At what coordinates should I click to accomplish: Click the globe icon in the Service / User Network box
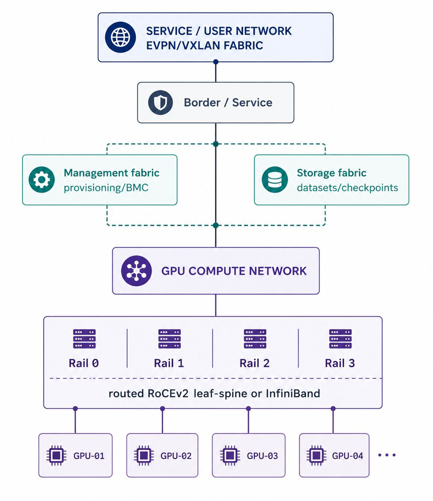pyautogui.click(x=120, y=37)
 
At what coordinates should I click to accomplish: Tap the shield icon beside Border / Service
pyautogui.click(x=160, y=103)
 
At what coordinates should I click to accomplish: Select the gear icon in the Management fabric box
pyautogui.click(x=42, y=180)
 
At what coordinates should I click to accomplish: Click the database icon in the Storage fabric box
pyautogui.click(x=275, y=180)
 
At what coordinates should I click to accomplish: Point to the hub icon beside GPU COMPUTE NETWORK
pyautogui.click(x=136, y=271)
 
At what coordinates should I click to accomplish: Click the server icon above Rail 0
pyautogui.click(x=84, y=339)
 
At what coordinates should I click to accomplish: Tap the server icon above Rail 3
pyautogui.click(x=340, y=339)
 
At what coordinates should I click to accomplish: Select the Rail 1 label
pyautogui.click(x=169, y=364)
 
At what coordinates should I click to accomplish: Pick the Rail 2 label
pyautogui.click(x=255, y=364)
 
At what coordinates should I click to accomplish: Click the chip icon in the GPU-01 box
pyautogui.click(x=56, y=455)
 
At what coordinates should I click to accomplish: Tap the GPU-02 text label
pyautogui.click(x=176, y=456)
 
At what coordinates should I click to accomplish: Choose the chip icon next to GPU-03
pyautogui.click(x=230, y=455)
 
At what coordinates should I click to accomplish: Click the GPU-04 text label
pyautogui.click(x=348, y=456)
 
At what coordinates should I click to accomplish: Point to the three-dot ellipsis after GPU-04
pyautogui.click(x=387, y=455)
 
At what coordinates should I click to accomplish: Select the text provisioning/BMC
pyautogui.click(x=106, y=187)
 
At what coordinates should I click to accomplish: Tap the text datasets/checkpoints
pyautogui.click(x=347, y=187)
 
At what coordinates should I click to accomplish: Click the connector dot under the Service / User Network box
pyautogui.click(x=216, y=62)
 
